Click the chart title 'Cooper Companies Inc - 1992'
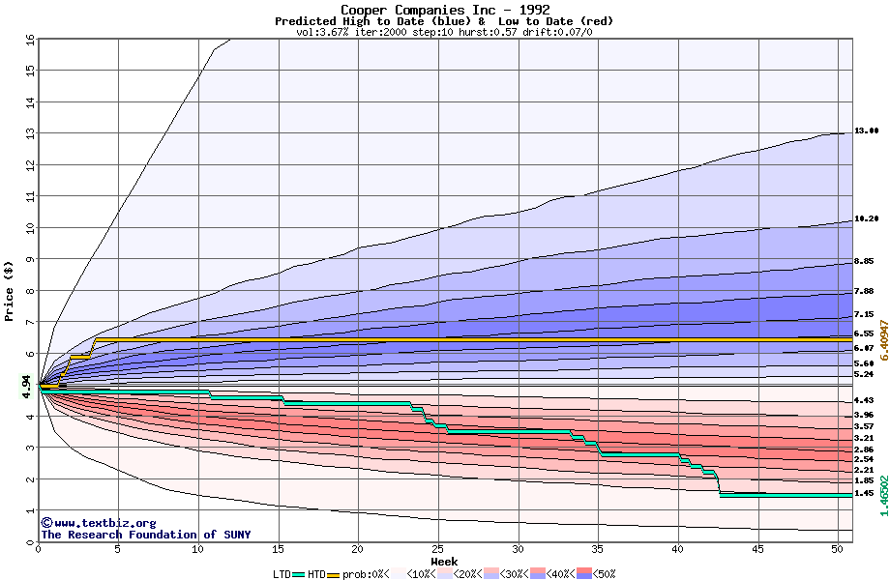(445, 10)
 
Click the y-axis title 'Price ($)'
(10, 290)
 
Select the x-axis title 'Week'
(444, 562)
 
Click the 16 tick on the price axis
(29, 40)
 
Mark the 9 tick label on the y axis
(30, 259)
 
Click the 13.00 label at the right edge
(866, 130)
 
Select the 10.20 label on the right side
(866, 219)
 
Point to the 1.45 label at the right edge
(864, 493)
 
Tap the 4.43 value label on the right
(864, 401)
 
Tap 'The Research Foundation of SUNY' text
(145, 535)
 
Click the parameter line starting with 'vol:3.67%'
(444, 32)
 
